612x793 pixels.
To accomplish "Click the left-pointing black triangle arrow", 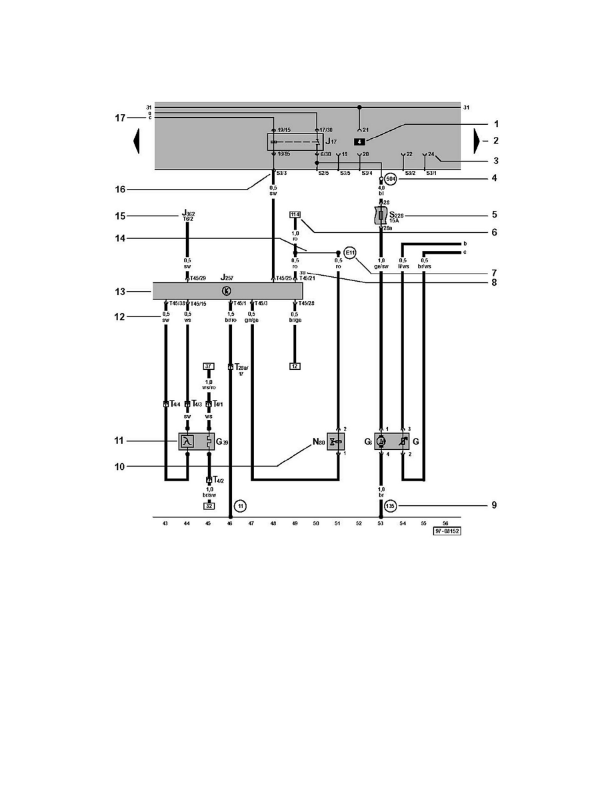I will coord(137,142).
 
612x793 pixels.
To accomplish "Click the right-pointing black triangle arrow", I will coord(477,142).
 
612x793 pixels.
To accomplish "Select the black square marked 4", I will coord(359,142).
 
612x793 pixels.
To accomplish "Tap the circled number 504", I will coord(391,180).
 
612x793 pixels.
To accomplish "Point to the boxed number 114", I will coord(295,214).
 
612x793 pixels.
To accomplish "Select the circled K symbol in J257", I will coord(227,291).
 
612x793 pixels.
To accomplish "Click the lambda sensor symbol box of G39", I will coord(187,441).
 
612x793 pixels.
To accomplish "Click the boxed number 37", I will coord(208,366).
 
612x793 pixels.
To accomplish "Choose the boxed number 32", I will coord(209,506).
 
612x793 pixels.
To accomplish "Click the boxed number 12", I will coord(295,366).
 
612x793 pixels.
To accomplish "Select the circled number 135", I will coord(391,505).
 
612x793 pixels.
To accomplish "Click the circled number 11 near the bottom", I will coord(241,506).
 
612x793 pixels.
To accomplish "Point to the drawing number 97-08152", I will coord(447,533).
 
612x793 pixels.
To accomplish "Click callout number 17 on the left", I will coord(120,117).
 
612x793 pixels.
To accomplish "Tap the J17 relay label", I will coord(331,142).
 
